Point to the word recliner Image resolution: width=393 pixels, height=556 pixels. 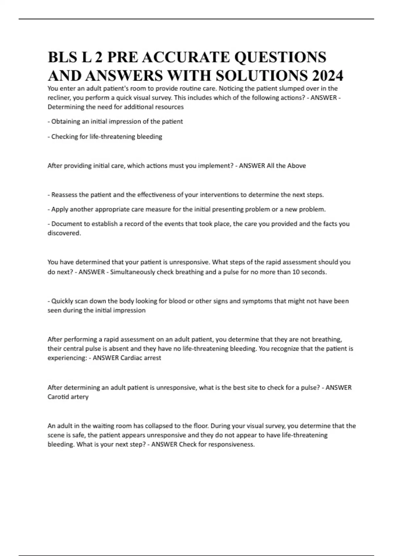pos(59,98)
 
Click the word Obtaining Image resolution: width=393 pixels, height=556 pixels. pos(66,121)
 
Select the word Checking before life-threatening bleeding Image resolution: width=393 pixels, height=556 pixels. pos(65,136)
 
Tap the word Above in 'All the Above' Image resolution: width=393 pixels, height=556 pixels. pos(297,166)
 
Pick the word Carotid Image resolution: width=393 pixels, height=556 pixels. pos(58,397)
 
